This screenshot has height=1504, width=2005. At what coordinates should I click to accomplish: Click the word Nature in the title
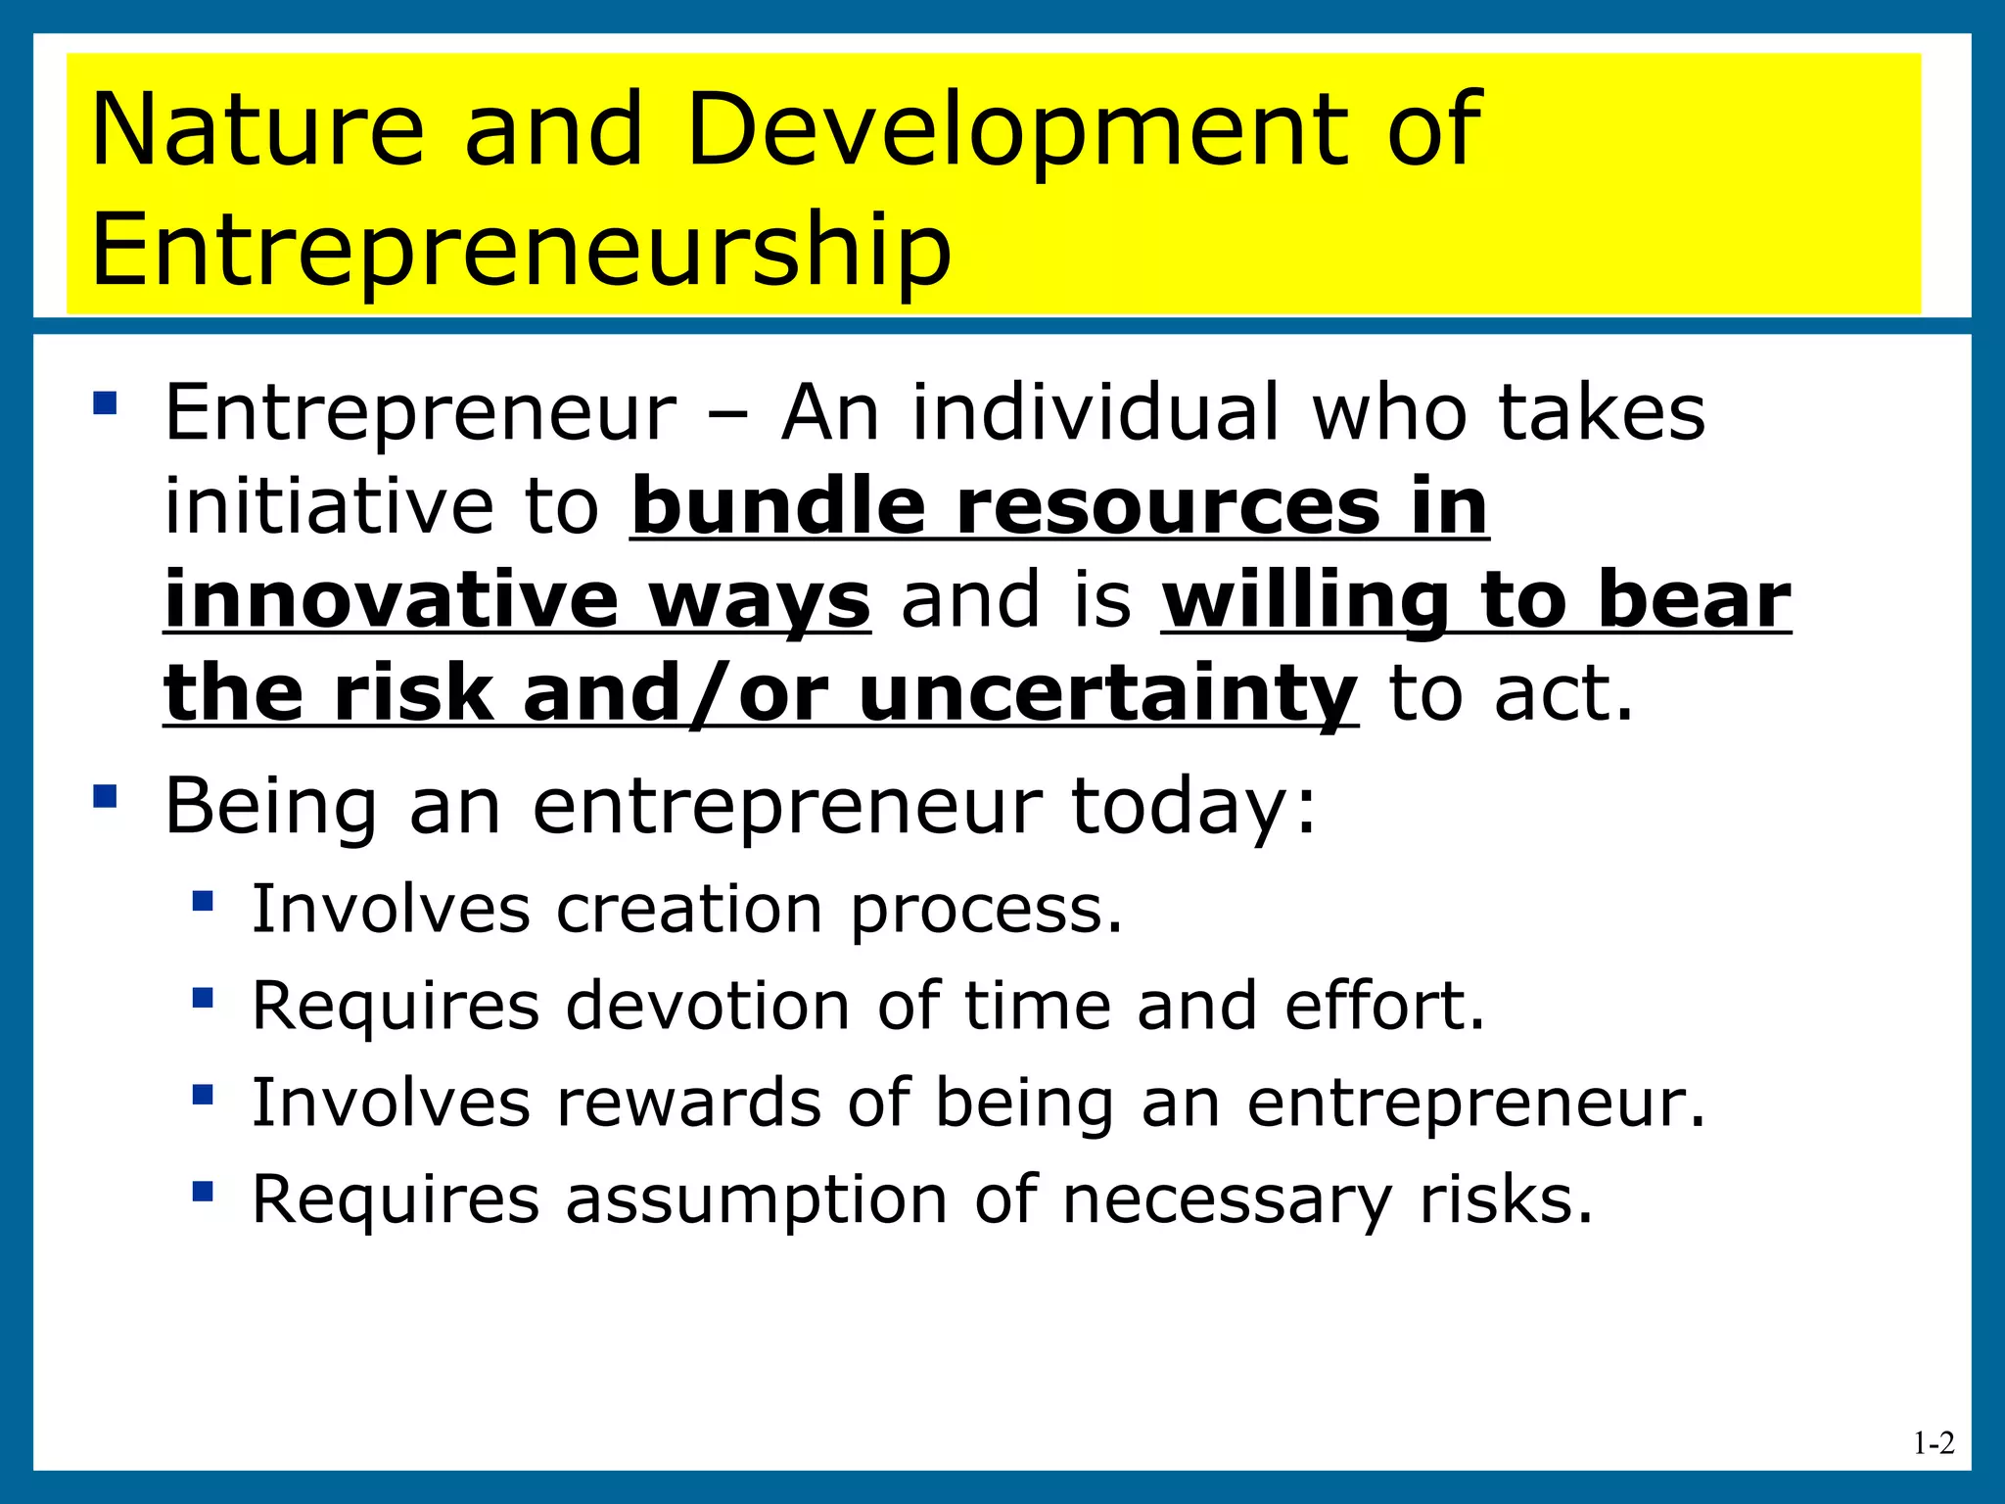(257, 129)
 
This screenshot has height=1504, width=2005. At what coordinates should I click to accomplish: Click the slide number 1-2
(1934, 1443)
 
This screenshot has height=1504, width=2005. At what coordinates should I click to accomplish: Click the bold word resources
(1167, 507)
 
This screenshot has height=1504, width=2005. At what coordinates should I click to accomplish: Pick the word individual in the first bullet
(1096, 412)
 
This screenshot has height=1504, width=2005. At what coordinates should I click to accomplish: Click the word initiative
(329, 507)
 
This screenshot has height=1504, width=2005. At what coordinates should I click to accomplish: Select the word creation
(689, 909)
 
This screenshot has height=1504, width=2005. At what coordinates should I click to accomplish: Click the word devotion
(708, 1006)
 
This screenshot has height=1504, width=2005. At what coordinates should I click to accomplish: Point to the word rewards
(688, 1103)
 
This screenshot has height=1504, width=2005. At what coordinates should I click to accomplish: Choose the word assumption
(756, 1200)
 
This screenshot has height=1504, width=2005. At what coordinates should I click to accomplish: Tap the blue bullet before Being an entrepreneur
(105, 795)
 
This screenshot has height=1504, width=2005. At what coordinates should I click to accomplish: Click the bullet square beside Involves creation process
(203, 900)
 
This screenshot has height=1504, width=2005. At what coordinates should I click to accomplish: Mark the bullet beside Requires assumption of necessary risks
(203, 1191)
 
